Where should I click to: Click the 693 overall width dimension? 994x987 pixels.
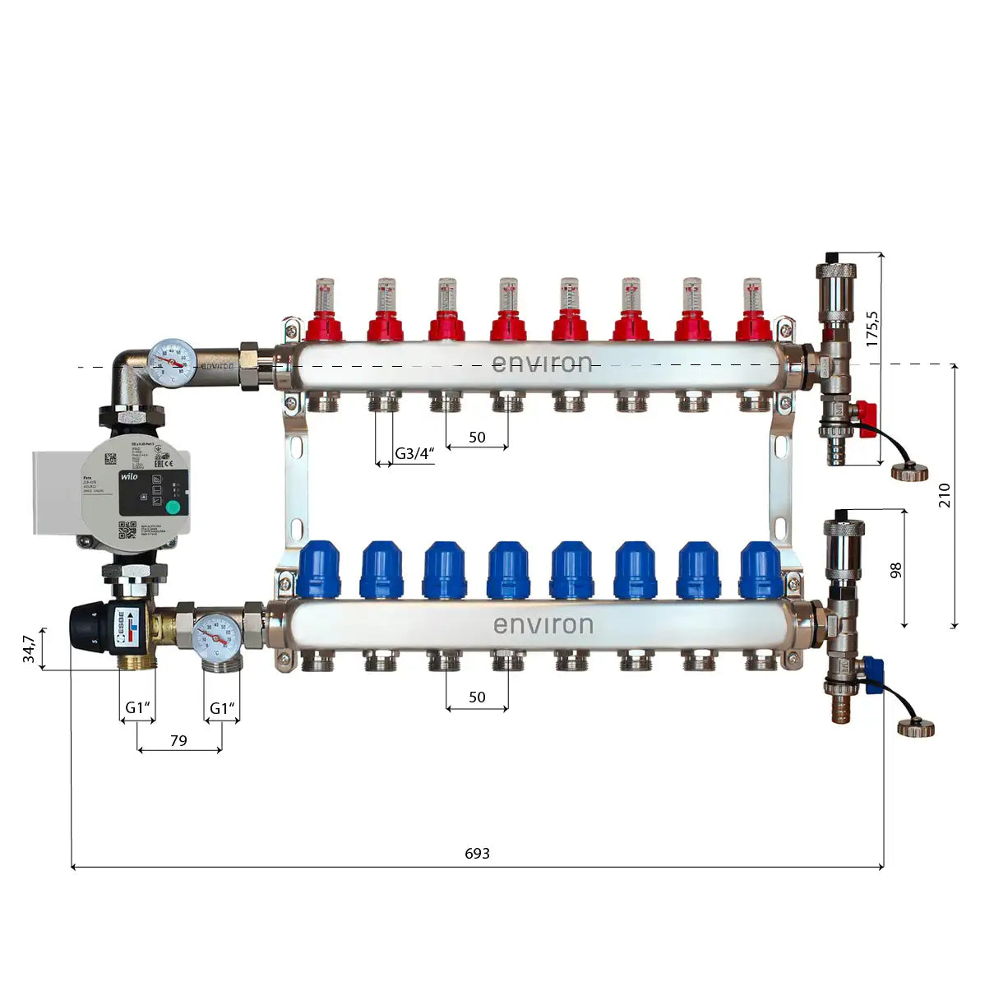[x=477, y=853]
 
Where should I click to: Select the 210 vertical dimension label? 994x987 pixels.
[x=944, y=495]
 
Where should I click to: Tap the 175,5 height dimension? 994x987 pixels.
[x=872, y=327]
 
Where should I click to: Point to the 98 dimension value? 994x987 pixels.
[x=895, y=570]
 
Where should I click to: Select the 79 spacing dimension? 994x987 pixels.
[x=178, y=740]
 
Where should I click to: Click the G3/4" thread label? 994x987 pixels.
[x=414, y=454]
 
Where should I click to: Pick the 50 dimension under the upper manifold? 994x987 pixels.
[x=477, y=437]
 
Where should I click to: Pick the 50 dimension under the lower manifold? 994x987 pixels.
[x=477, y=697]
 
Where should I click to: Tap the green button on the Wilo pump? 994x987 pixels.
[x=173, y=507]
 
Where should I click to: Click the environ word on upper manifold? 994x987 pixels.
[x=542, y=364]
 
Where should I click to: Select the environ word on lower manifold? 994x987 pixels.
[x=543, y=625]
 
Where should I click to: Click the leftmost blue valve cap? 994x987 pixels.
[x=319, y=569]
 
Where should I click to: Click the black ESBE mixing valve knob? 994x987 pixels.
[x=91, y=627]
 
